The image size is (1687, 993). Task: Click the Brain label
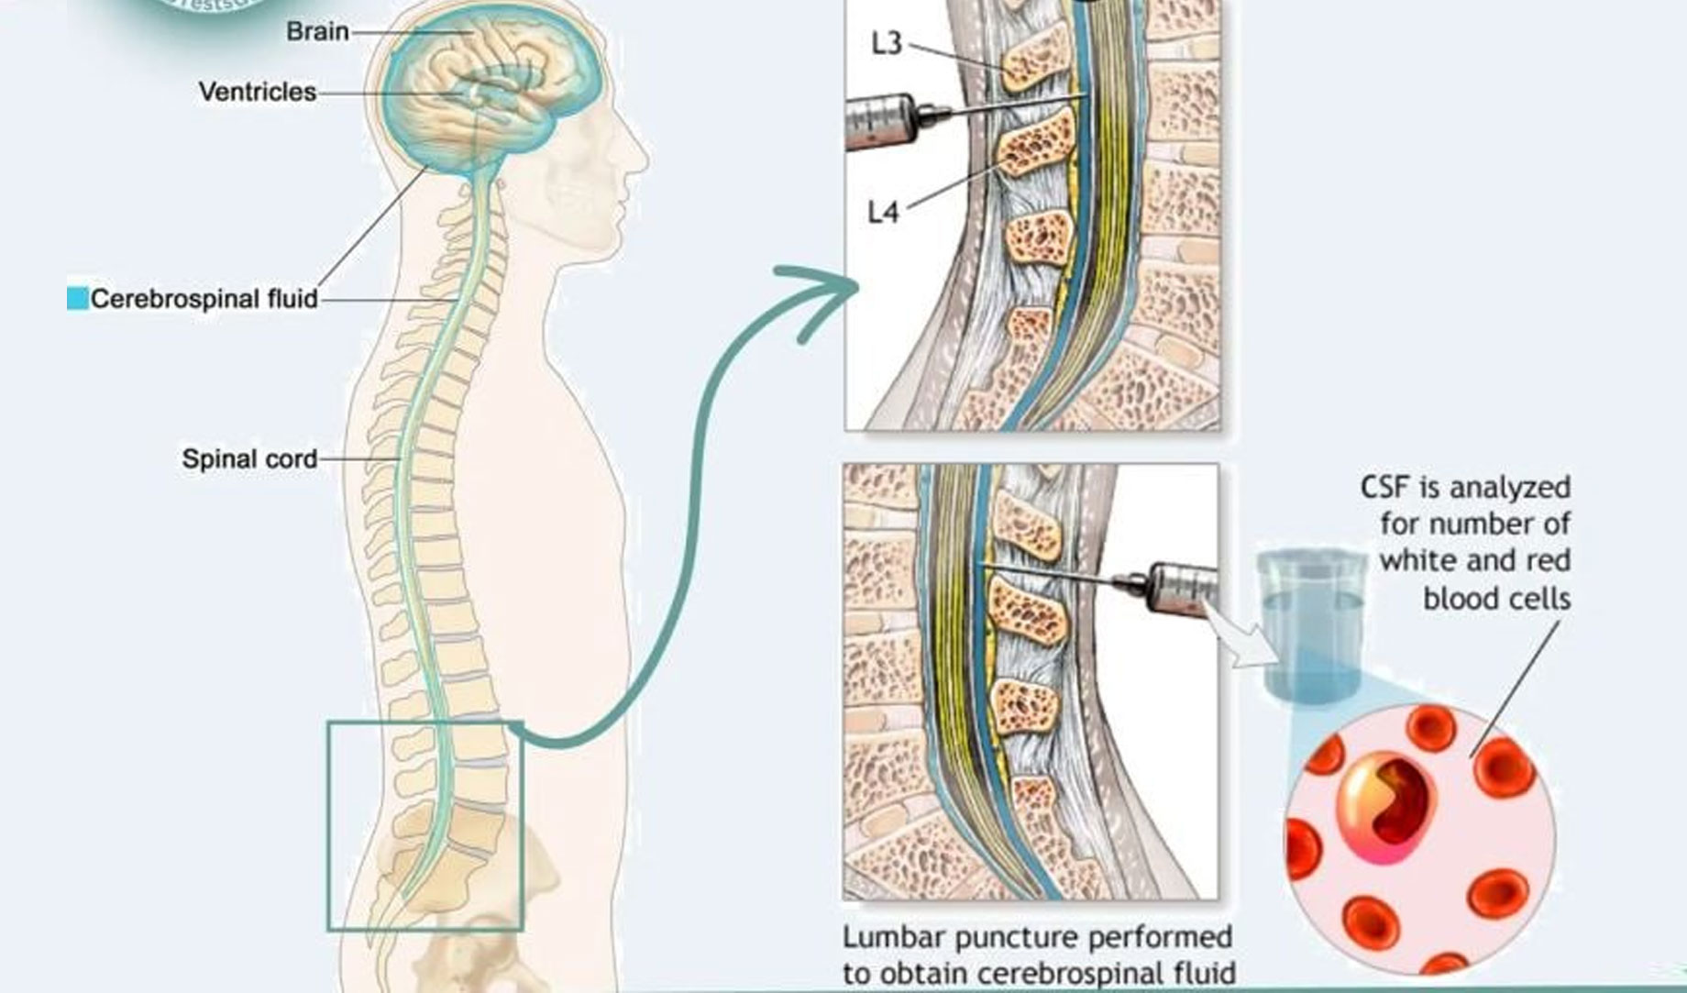point(317,31)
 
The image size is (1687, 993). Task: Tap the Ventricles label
point(257,92)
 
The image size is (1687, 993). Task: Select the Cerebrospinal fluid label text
point(204,299)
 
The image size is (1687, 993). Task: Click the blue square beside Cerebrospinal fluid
point(77,299)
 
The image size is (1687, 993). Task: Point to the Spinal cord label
point(249,458)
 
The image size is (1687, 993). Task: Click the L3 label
point(887,44)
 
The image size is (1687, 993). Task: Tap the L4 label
point(884,213)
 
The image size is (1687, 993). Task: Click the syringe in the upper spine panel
point(880,122)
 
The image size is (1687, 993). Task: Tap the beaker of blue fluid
point(1309,623)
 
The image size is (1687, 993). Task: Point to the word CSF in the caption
point(1385,487)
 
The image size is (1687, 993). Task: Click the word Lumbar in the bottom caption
point(895,938)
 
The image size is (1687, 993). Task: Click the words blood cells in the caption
point(1496,599)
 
